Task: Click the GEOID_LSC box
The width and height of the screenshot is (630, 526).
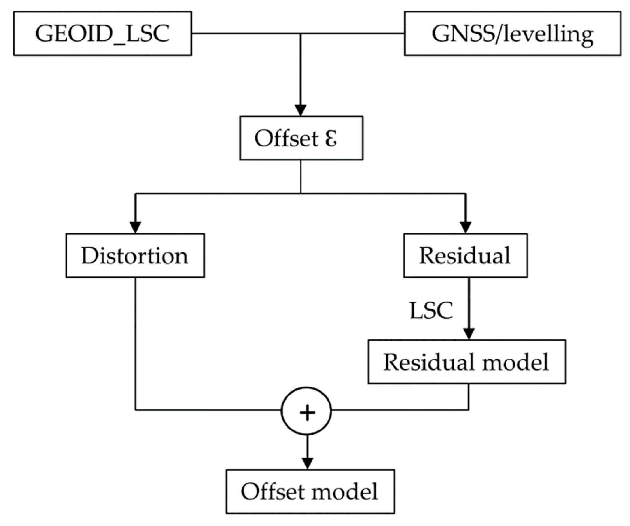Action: [102, 33]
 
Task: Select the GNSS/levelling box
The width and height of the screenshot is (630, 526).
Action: [512, 33]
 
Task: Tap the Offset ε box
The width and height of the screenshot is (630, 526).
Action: [301, 138]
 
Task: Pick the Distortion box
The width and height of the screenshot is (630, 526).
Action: [135, 255]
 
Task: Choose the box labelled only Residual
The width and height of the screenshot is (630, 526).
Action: [465, 255]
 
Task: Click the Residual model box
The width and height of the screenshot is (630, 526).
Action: [466, 362]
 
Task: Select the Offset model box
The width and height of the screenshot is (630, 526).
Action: [310, 491]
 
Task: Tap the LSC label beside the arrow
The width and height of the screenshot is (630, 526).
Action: [431, 310]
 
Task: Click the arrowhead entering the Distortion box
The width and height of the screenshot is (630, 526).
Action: [135, 227]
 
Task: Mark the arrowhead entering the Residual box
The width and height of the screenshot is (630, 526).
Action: [465, 227]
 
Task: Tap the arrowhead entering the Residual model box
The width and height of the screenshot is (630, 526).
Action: [469, 334]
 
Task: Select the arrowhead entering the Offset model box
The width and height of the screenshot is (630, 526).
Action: [307, 463]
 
